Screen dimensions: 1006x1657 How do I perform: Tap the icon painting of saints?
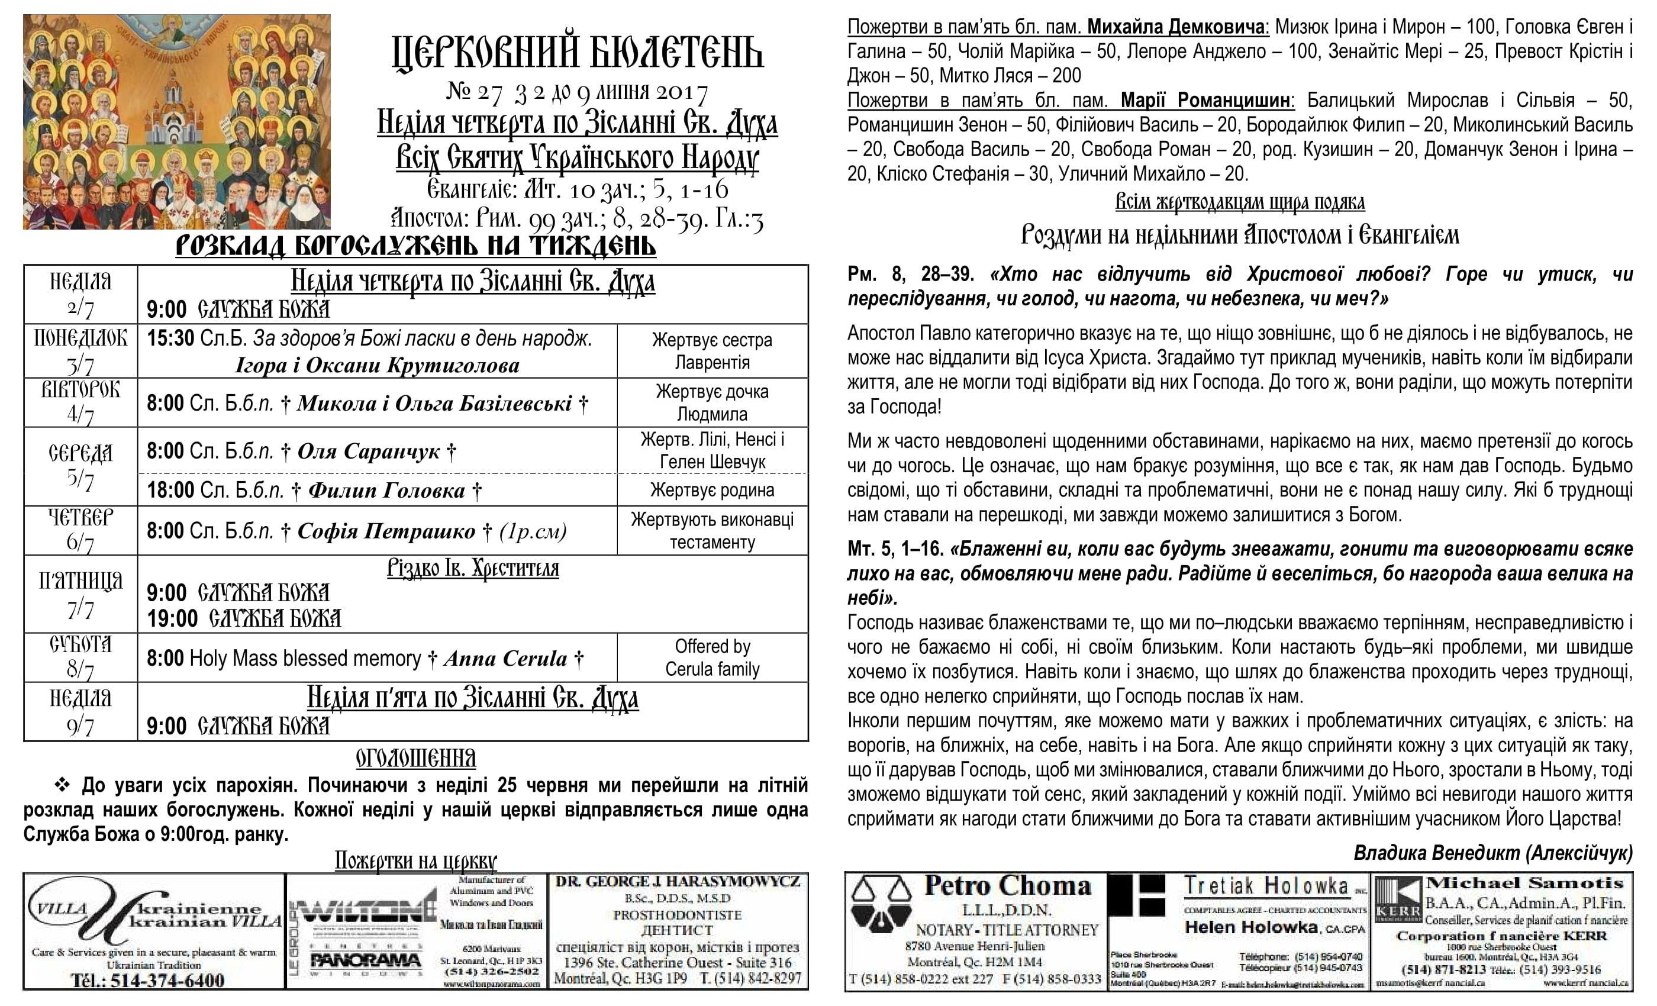point(176,122)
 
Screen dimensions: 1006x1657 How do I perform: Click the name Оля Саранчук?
point(369,451)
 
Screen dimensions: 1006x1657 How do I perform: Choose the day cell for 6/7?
point(80,530)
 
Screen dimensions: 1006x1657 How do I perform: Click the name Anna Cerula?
point(505,658)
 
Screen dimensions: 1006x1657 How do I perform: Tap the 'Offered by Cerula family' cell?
point(712,657)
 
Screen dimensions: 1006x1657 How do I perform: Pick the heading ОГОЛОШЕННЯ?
point(415,759)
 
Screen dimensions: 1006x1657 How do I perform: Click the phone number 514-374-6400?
point(167,981)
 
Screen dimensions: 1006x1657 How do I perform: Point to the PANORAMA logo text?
point(365,960)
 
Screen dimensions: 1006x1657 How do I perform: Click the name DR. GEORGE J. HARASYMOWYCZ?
point(677,882)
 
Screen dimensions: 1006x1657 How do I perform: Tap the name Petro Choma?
point(1007,886)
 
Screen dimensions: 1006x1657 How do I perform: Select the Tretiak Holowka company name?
point(1266,886)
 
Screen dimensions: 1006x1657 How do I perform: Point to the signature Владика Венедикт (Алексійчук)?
point(1492,853)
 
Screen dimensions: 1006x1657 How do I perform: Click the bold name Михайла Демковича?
point(1177,27)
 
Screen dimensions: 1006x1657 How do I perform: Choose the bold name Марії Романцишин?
point(1206,100)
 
